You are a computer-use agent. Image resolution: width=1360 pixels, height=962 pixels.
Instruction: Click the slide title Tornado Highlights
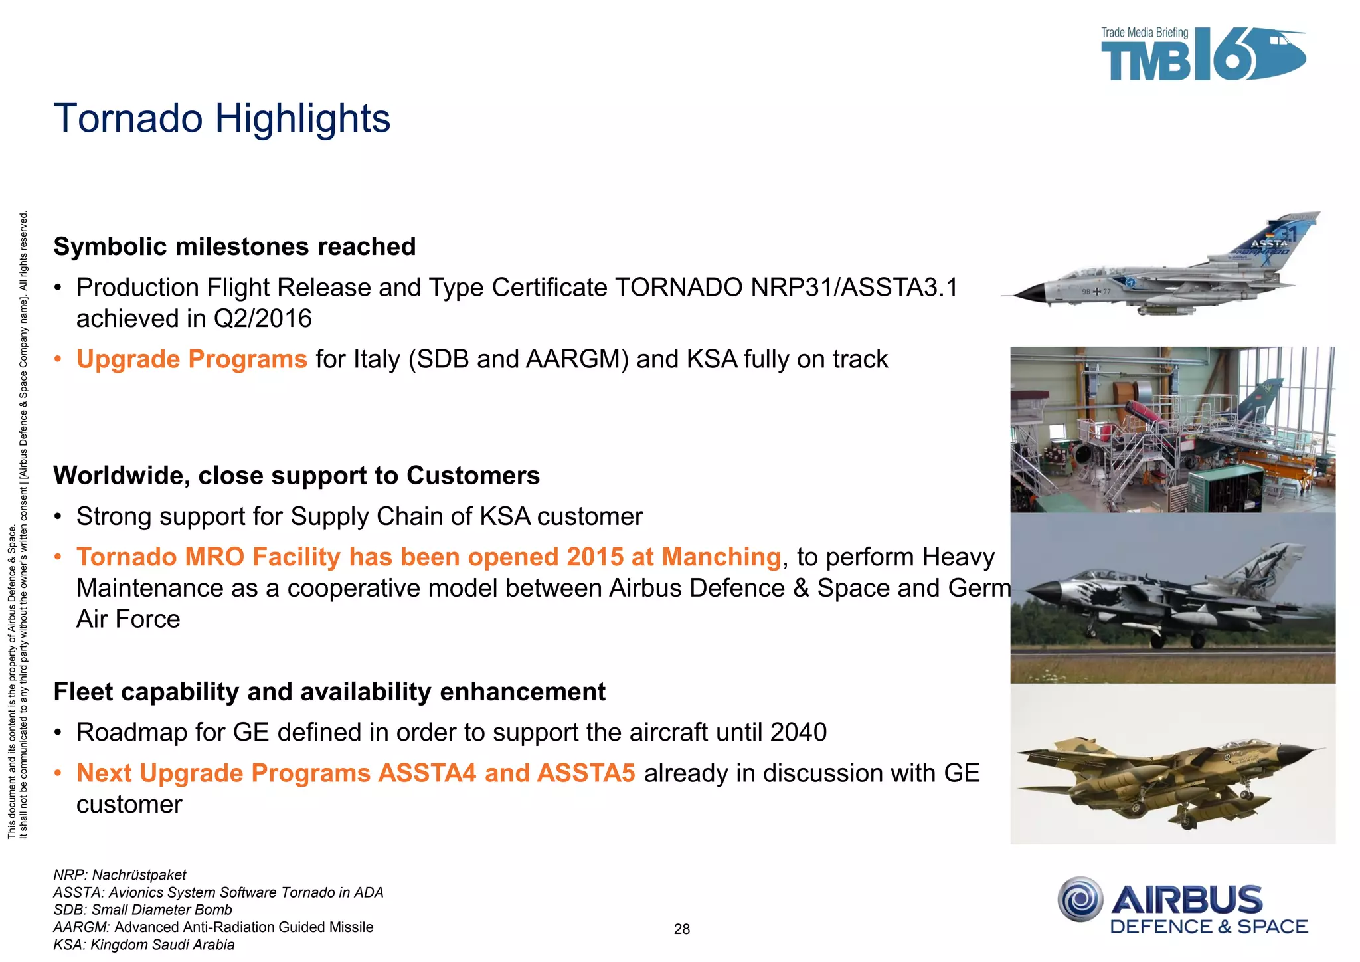pyautogui.click(x=222, y=118)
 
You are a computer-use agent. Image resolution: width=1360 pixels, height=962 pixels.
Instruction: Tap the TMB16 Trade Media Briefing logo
pyautogui.click(x=1202, y=54)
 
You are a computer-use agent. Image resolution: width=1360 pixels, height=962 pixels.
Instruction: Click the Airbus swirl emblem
pyautogui.click(x=1080, y=900)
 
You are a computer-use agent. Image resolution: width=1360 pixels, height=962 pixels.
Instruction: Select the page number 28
pyautogui.click(x=682, y=929)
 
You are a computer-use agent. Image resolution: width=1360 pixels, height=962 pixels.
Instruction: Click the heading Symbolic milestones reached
pyautogui.click(x=234, y=246)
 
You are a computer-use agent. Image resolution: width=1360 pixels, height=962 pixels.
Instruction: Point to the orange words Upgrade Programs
pyautogui.click(x=192, y=359)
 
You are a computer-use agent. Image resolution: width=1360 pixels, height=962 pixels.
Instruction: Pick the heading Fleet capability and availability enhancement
pyautogui.click(x=329, y=692)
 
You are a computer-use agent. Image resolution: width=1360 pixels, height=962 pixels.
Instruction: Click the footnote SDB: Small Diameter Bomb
pyautogui.click(x=143, y=910)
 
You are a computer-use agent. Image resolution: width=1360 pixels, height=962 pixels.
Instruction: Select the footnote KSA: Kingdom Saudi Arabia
pyautogui.click(x=144, y=945)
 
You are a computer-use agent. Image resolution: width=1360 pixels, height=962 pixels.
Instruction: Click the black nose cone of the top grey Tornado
pyautogui.click(x=1027, y=293)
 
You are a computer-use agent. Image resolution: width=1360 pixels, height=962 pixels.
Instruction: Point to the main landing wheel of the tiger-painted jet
pyautogui.click(x=1197, y=641)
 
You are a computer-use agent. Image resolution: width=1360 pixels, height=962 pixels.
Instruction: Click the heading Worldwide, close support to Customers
pyautogui.click(x=296, y=476)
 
